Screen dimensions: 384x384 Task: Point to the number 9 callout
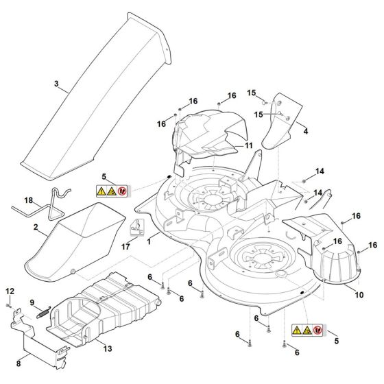[32, 304]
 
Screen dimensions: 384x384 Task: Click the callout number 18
[29, 200]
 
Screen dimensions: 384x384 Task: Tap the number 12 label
[9, 291]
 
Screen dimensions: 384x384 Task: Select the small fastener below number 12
[8, 304]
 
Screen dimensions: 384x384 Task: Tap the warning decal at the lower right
[307, 331]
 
